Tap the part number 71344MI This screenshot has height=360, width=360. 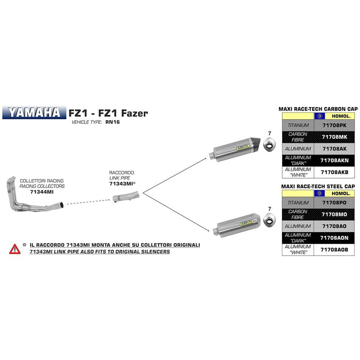pyautogui.click(x=42, y=192)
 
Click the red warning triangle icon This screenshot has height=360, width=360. pyautogui.click(x=15, y=249)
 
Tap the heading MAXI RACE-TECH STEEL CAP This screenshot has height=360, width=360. pyautogui.click(x=318, y=186)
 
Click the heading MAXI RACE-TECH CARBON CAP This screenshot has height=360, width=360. pyautogui.click(x=318, y=109)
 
